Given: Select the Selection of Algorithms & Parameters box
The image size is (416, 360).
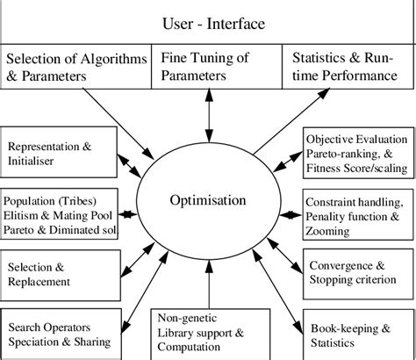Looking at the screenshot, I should click(77, 68).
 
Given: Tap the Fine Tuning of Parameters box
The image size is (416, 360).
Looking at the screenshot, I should click(207, 68).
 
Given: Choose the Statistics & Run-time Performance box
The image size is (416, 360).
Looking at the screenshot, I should click(348, 68).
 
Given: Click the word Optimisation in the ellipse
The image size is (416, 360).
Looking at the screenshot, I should click(207, 200).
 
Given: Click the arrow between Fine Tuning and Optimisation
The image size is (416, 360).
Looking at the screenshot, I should click(207, 114).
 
